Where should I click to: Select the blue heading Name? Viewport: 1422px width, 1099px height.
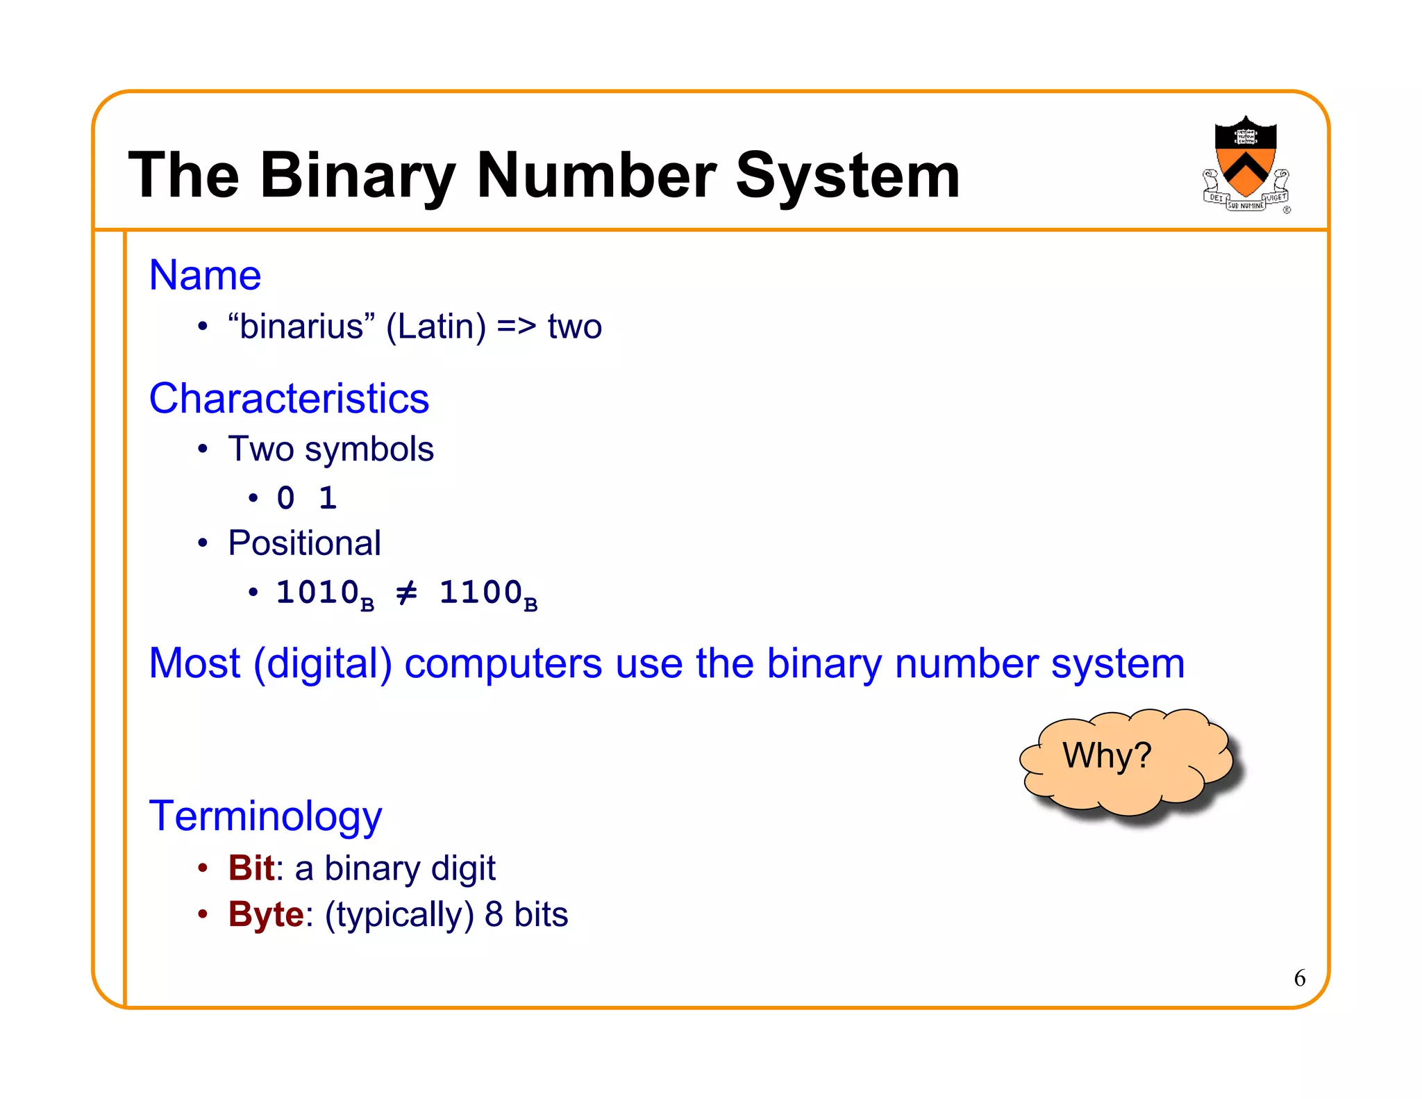(205, 275)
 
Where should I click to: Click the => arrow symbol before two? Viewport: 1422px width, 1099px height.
(517, 327)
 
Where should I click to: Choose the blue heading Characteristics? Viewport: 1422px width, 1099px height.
(289, 399)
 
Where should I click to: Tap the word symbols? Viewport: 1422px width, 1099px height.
(369, 449)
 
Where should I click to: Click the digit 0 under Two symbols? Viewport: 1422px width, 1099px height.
(285, 498)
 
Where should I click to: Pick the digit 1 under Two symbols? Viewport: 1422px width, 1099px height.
(328, 498)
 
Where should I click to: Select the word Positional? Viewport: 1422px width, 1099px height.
(304, 543)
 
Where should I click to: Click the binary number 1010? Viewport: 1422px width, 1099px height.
(317, 593)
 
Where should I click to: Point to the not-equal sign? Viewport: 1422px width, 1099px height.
(406, 593)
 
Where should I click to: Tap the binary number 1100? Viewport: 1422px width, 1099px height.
(480, 593)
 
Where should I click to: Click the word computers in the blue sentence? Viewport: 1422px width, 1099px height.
(503, 663)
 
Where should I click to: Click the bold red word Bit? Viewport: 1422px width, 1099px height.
(251, 868)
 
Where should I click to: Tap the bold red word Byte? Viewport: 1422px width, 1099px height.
(266, 914)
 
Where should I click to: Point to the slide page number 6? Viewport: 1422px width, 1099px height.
(1299, 978)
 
